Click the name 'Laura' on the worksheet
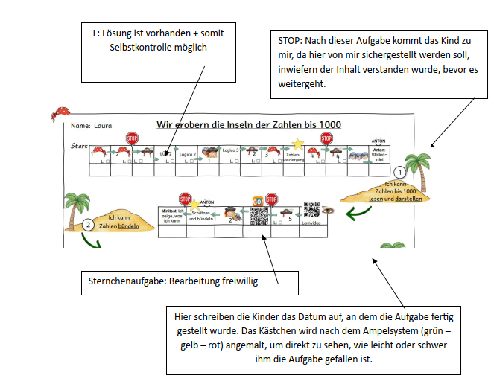103,126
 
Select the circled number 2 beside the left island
88,223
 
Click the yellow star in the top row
297,143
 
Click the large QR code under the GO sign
259,216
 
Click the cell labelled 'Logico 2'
188,153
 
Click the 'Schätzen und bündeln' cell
201,216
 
